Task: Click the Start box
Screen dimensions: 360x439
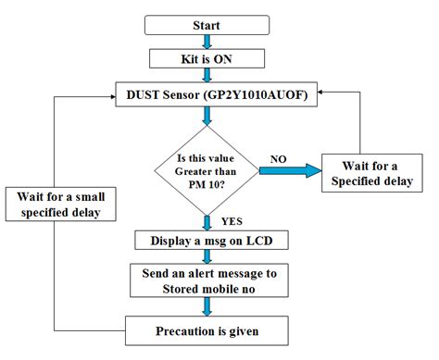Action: (207, 24)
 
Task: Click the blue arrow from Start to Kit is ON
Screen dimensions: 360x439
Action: (207, 41)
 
